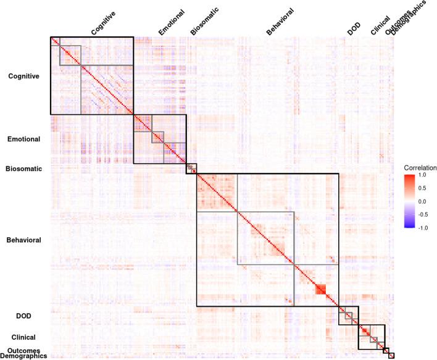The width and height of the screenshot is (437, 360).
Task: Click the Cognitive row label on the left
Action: point(23,77)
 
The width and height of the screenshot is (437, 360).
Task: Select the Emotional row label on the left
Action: point(23,139)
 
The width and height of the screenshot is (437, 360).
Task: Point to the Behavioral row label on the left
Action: point(23,240)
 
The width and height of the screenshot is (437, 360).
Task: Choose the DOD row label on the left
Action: point(23,316)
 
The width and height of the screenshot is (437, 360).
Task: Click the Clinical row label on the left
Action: point(23,338)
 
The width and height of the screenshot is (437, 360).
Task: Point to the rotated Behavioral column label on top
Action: point(280,21)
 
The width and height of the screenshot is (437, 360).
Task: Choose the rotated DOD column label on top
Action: point(354,29)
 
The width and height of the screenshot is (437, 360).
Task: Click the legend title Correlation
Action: point(420,167)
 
